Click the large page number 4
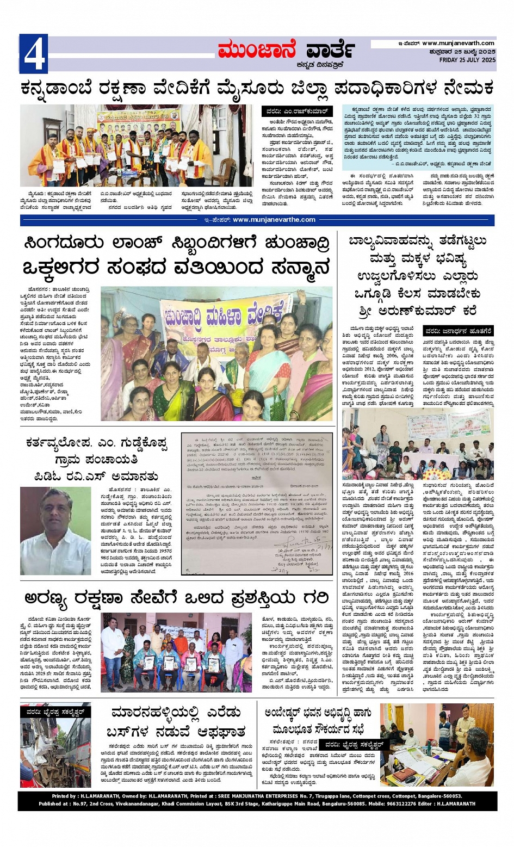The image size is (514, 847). pos(33,53)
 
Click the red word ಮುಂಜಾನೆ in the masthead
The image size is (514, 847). pos(257,51)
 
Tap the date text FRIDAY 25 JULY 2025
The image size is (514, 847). pos(467,60)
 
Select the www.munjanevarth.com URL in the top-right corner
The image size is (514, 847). pos(458,43)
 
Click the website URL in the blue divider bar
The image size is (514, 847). pos(274,220)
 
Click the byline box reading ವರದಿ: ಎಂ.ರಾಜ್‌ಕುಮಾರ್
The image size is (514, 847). pos(297,111)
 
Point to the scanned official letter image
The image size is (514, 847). pos(257,503)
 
